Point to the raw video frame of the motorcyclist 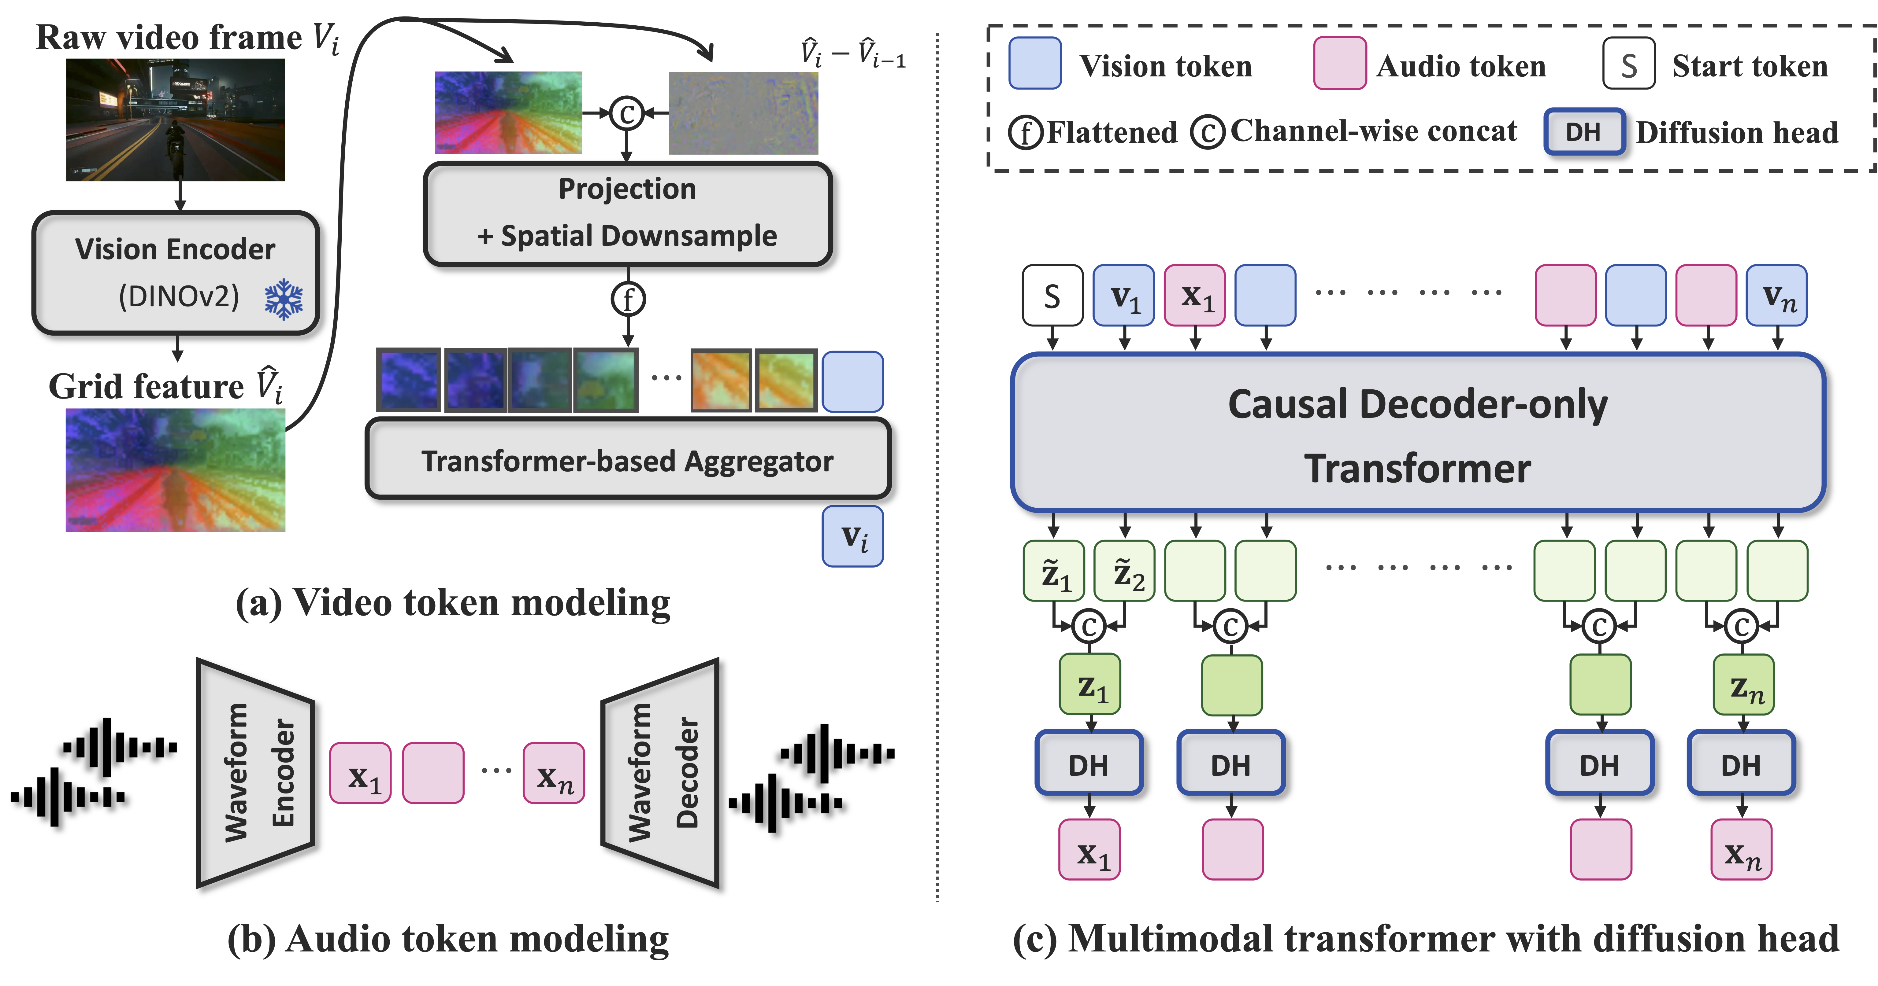point(175,120)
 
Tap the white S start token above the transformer point(1052,295)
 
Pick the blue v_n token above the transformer point(1777,295)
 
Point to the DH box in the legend point(1583,132)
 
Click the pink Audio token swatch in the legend point(1339,63)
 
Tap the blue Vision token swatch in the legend point(1034,63)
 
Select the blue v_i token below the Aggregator point(852,536)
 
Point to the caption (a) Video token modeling point(452,603)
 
